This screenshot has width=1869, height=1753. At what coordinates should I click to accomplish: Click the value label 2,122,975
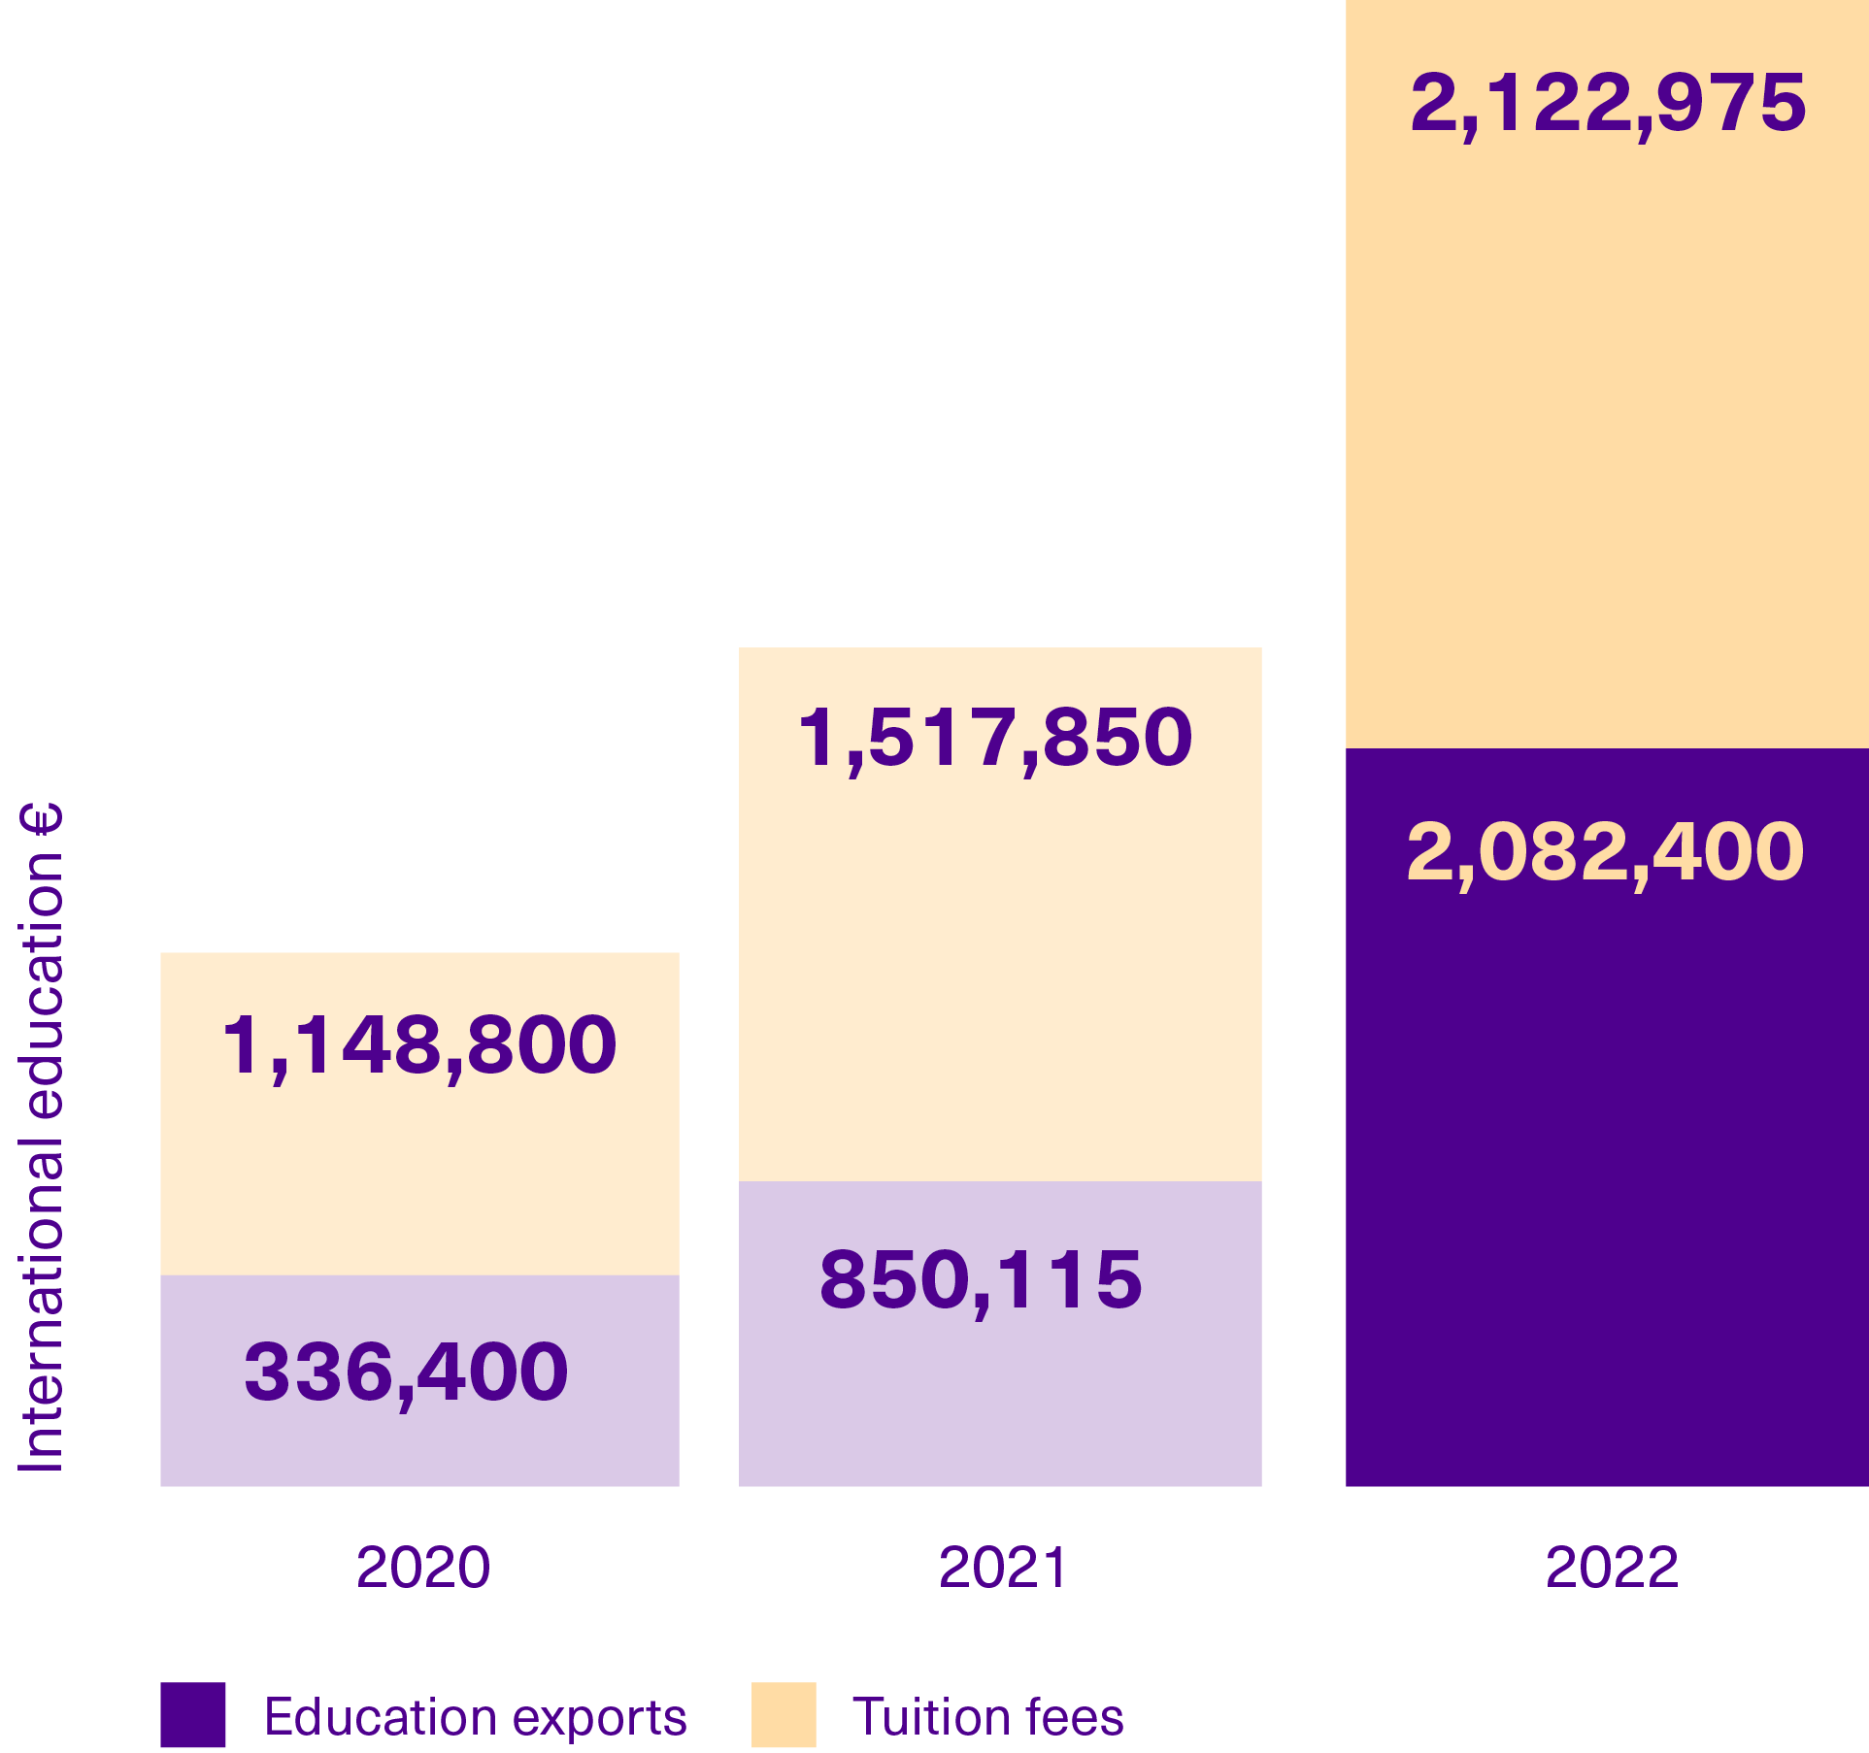[x=1608, y=103]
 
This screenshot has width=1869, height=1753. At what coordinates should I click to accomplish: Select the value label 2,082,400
[x=1605, y=852]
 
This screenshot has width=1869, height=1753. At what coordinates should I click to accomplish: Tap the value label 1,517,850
[x=995, y=738]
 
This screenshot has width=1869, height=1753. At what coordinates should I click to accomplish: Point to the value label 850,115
[x=981, y=1279]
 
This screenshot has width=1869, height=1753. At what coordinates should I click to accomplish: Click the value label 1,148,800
[x=419, y=1045]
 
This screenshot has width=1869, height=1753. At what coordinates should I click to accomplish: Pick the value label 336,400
[x=406, y=1373]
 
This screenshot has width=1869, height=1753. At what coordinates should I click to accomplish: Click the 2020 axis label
[x=423, y=1567]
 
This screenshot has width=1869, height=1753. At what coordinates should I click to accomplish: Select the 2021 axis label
[x=1003, y=1567]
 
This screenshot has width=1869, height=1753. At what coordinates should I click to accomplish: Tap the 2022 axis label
[x=1612, y=1567]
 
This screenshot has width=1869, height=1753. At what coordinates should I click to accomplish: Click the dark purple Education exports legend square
[x=193, y=1715]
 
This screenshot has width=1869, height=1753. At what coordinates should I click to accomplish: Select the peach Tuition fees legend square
[x=784, y=1715]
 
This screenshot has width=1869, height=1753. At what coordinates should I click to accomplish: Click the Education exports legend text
[x=476, y=1717]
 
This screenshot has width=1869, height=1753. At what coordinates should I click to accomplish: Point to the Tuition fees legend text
[x=987, y=1716]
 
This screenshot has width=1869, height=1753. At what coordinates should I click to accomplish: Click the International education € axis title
[x=41, y=1136]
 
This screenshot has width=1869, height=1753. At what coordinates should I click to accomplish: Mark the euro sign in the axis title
[x=41, y=819]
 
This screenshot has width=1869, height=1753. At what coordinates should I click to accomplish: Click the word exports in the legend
[x=599, y=1719]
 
